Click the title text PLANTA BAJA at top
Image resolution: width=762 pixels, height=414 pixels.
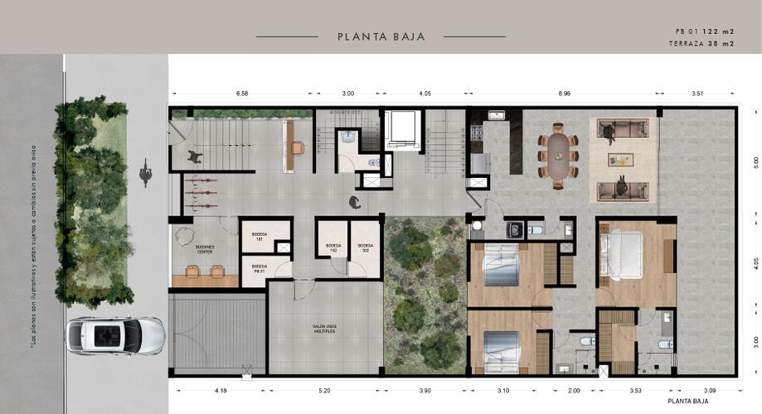pos(381,36)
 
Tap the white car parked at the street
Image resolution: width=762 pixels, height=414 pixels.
pos(115,336)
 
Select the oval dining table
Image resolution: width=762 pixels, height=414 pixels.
pos(561,155)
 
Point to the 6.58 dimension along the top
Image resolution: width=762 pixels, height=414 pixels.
pos(242,94)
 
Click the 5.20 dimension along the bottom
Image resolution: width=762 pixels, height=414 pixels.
pos(323,388)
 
